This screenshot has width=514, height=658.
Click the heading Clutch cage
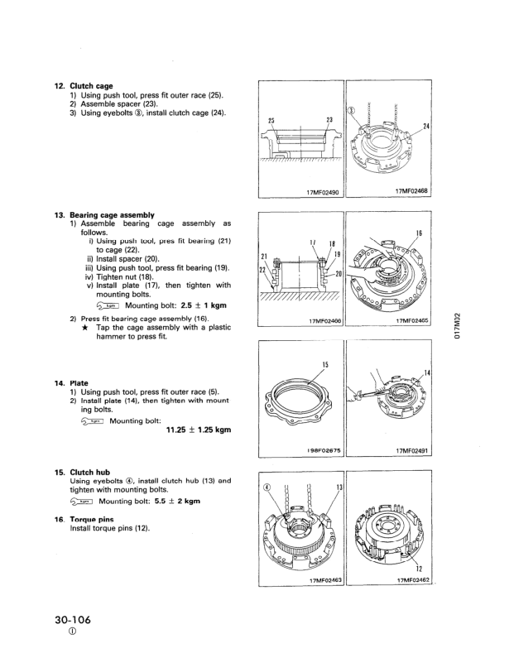point(91,84)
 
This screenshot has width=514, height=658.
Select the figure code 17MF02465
point(403,320)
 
